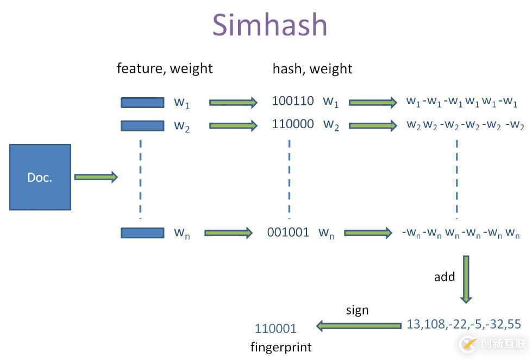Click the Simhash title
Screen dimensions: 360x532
(x=270, y=25)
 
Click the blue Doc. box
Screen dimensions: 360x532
(x=40, y=177)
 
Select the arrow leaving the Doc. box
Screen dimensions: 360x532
(x=96, y=177)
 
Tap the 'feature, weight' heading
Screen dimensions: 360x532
(x=165, y=68)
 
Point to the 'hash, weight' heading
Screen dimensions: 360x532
(x=312, y=69)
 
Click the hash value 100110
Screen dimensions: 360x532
(x=293, y=100)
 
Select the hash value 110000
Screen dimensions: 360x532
(x=293, y=124)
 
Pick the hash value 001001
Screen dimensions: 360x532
(x=288, y=232)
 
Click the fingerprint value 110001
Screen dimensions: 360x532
(x=276, y=329)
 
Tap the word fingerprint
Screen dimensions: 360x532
(x=281, y=346)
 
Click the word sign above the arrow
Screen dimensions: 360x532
(x=357, y=310)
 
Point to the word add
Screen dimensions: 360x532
(x=444, y=277)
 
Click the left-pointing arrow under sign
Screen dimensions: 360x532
(x=358, y=326)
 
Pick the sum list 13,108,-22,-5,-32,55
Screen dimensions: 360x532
(x=464, y=325)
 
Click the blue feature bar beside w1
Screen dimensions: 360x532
(x=142, y=102)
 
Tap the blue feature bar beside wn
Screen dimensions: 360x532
(x=142, y=232)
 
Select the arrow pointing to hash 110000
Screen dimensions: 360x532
(x=233, y=125)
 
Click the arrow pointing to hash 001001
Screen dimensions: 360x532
(x=229, y=233)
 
